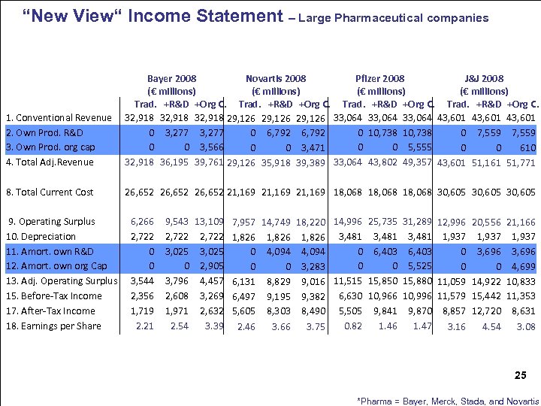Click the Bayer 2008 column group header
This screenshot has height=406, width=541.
(172, 78)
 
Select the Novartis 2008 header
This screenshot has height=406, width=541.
(276, 78)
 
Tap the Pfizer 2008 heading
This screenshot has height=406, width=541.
(379, 78)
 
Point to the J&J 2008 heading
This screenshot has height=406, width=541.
(485, 78)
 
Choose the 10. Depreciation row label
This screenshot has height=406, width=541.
(41, 237)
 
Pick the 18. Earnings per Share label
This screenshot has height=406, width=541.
(53, 326)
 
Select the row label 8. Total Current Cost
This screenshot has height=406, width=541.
(50, 192)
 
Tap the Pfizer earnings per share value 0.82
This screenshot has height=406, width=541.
(352, 326)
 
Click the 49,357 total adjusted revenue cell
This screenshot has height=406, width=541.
(417, 162)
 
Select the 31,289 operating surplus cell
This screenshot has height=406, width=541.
(417, 222)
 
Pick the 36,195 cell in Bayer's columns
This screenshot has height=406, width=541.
(174, 162)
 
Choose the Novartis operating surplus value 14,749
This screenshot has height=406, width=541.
(276, 223)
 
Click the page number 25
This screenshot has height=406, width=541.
(521, 374)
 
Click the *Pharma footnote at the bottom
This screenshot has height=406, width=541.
(449, 400)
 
